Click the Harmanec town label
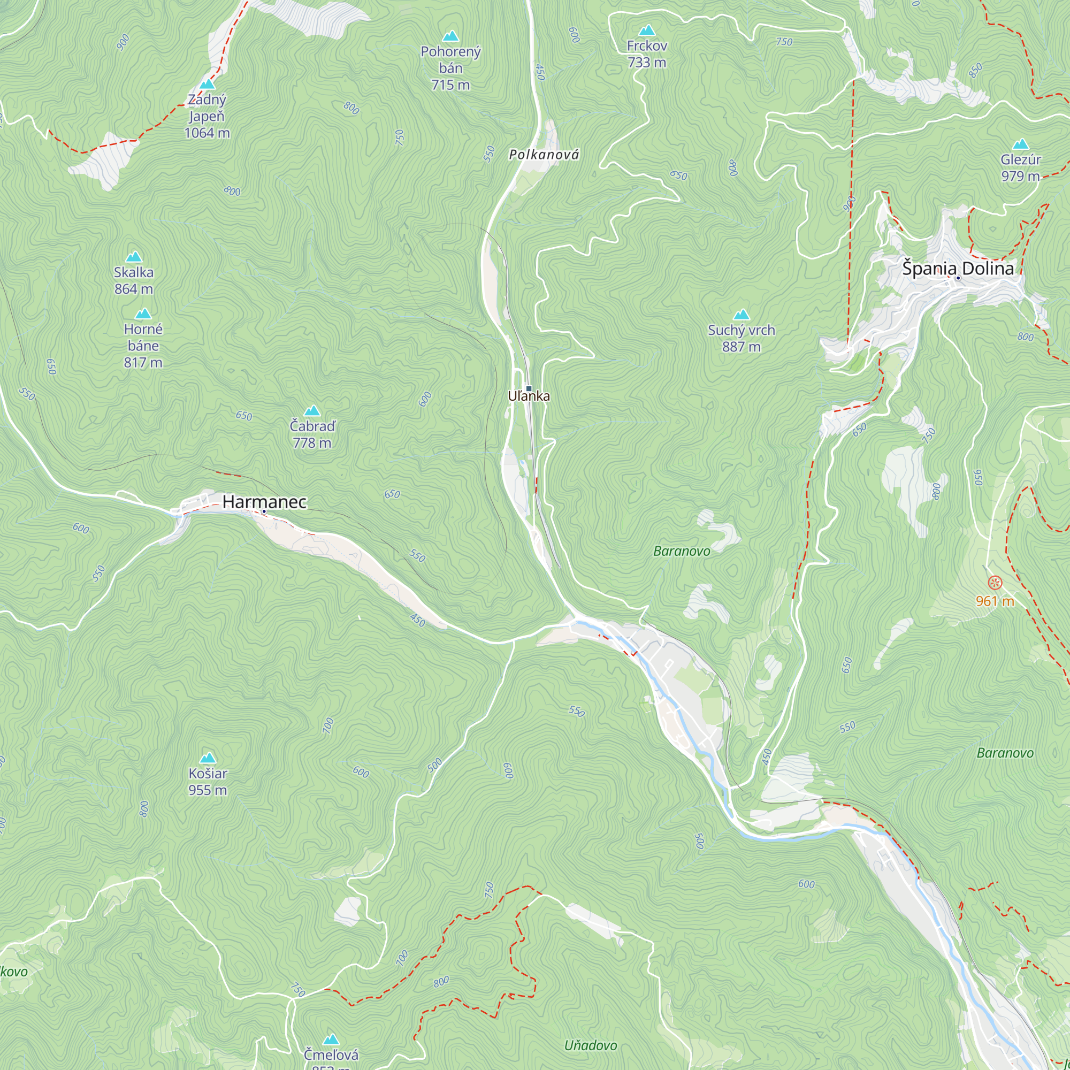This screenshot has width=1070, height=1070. (264, 502)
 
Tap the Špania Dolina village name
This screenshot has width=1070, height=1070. (958, 268)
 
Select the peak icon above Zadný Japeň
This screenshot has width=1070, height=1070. (207, 84)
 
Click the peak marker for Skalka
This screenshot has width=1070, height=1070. (133, 257)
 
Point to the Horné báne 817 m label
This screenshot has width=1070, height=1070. (143, 346)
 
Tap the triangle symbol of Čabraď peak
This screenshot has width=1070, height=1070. (312, 411)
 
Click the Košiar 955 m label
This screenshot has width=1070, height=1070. (208, 782)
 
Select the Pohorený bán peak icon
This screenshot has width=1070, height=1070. (451, 36)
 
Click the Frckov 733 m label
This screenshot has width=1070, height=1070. (647, 53)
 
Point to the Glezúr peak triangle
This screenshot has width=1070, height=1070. (1021, 144)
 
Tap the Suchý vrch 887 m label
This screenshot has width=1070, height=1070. (741, 338)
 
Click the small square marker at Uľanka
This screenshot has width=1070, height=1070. (529, 389)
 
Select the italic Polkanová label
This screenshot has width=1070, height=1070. (544, 155)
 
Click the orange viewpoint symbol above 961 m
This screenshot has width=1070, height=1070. (995, 583)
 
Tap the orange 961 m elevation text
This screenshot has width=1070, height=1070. (995, 601)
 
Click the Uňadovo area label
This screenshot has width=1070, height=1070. (591, 1045)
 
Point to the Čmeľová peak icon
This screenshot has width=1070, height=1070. (331, 1038)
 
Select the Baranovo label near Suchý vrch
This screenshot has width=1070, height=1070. (681, 551)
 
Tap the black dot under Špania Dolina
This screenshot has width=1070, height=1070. (958, 278)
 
